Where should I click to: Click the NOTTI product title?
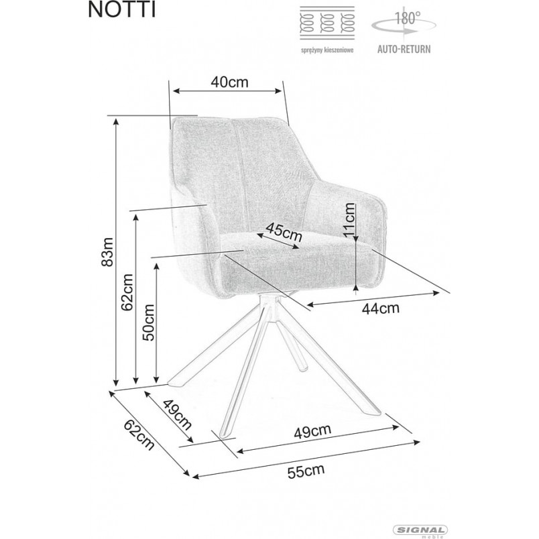click(x=122, y=10)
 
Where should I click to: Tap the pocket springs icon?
click(x=327, y=23)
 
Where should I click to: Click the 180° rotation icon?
click(x=404, y=23)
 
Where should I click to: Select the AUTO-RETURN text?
click(x=404, y=49)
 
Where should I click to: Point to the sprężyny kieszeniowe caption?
click(x=327, y=50)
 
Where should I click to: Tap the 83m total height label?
click(x=107, y=252)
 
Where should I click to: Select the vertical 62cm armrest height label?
click(x=127, y=292)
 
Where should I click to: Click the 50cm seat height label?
click(x=149, y=322)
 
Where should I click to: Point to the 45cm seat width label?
click(x=284, y=232)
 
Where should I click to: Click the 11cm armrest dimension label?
click(x=349, y=219)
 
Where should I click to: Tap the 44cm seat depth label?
click(x=381, y=308)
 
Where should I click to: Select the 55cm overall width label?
click(x=306, y=471)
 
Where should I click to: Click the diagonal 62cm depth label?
click(x=139, y=435)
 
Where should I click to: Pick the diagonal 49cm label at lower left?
click(x=177, y=414)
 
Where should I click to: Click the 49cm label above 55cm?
click(x=312, y=432)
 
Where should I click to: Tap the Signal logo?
click(x=420, y=530)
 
